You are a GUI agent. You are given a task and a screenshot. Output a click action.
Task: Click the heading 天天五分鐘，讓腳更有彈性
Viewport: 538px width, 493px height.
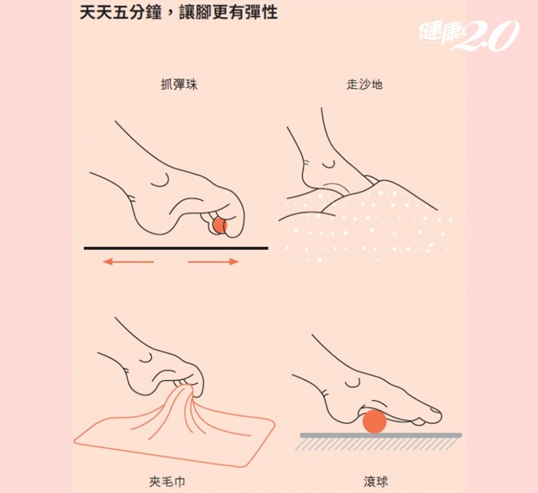click(179, 12)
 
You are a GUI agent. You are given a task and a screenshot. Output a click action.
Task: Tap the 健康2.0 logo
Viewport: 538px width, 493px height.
click(468, 35)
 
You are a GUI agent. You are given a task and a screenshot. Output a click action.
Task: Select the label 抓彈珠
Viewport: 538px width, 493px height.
click(179, 84)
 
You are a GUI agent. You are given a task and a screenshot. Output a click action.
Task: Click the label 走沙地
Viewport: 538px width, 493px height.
click(365, 84)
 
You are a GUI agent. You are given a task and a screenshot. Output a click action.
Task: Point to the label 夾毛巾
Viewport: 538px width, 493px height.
click(168, 481)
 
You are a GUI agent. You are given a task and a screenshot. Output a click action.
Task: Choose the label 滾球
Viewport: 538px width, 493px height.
click(376, 481)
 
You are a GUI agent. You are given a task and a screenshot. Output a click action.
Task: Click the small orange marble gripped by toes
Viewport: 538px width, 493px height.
click(220, 226)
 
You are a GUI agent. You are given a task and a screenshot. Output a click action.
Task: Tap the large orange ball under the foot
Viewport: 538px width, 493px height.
click(374, 421)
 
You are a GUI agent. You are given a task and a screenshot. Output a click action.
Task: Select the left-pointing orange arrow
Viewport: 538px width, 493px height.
click(128, 261)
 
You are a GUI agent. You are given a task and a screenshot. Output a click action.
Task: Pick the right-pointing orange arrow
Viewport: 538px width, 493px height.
click(213, 261)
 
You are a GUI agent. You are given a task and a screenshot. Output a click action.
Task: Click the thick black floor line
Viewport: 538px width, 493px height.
click(176, 248)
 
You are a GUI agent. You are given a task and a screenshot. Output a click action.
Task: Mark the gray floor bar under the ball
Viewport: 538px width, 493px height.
click(381, 435)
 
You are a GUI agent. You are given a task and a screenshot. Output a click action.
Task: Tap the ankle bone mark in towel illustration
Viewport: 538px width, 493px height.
click(147, 358)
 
